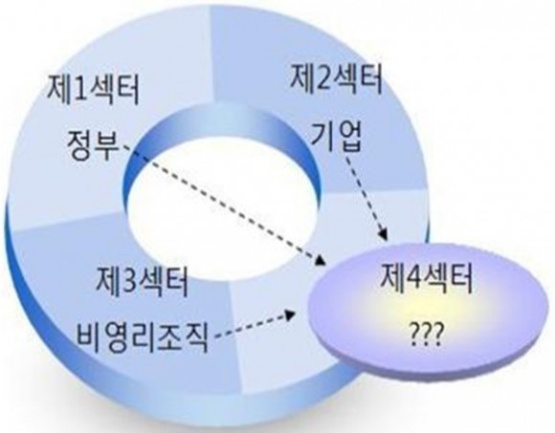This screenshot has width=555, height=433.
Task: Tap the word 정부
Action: coord(93,145)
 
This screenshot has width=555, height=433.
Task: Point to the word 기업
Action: coord(336,137)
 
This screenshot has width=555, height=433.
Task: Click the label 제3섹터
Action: coord(142,281)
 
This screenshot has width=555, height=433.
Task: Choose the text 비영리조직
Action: coord(142,336)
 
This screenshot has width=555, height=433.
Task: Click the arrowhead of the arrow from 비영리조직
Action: coord(291,314)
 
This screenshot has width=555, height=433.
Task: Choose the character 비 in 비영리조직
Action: coord(88,336)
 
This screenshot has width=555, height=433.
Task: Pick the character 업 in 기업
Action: coord(349,137)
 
